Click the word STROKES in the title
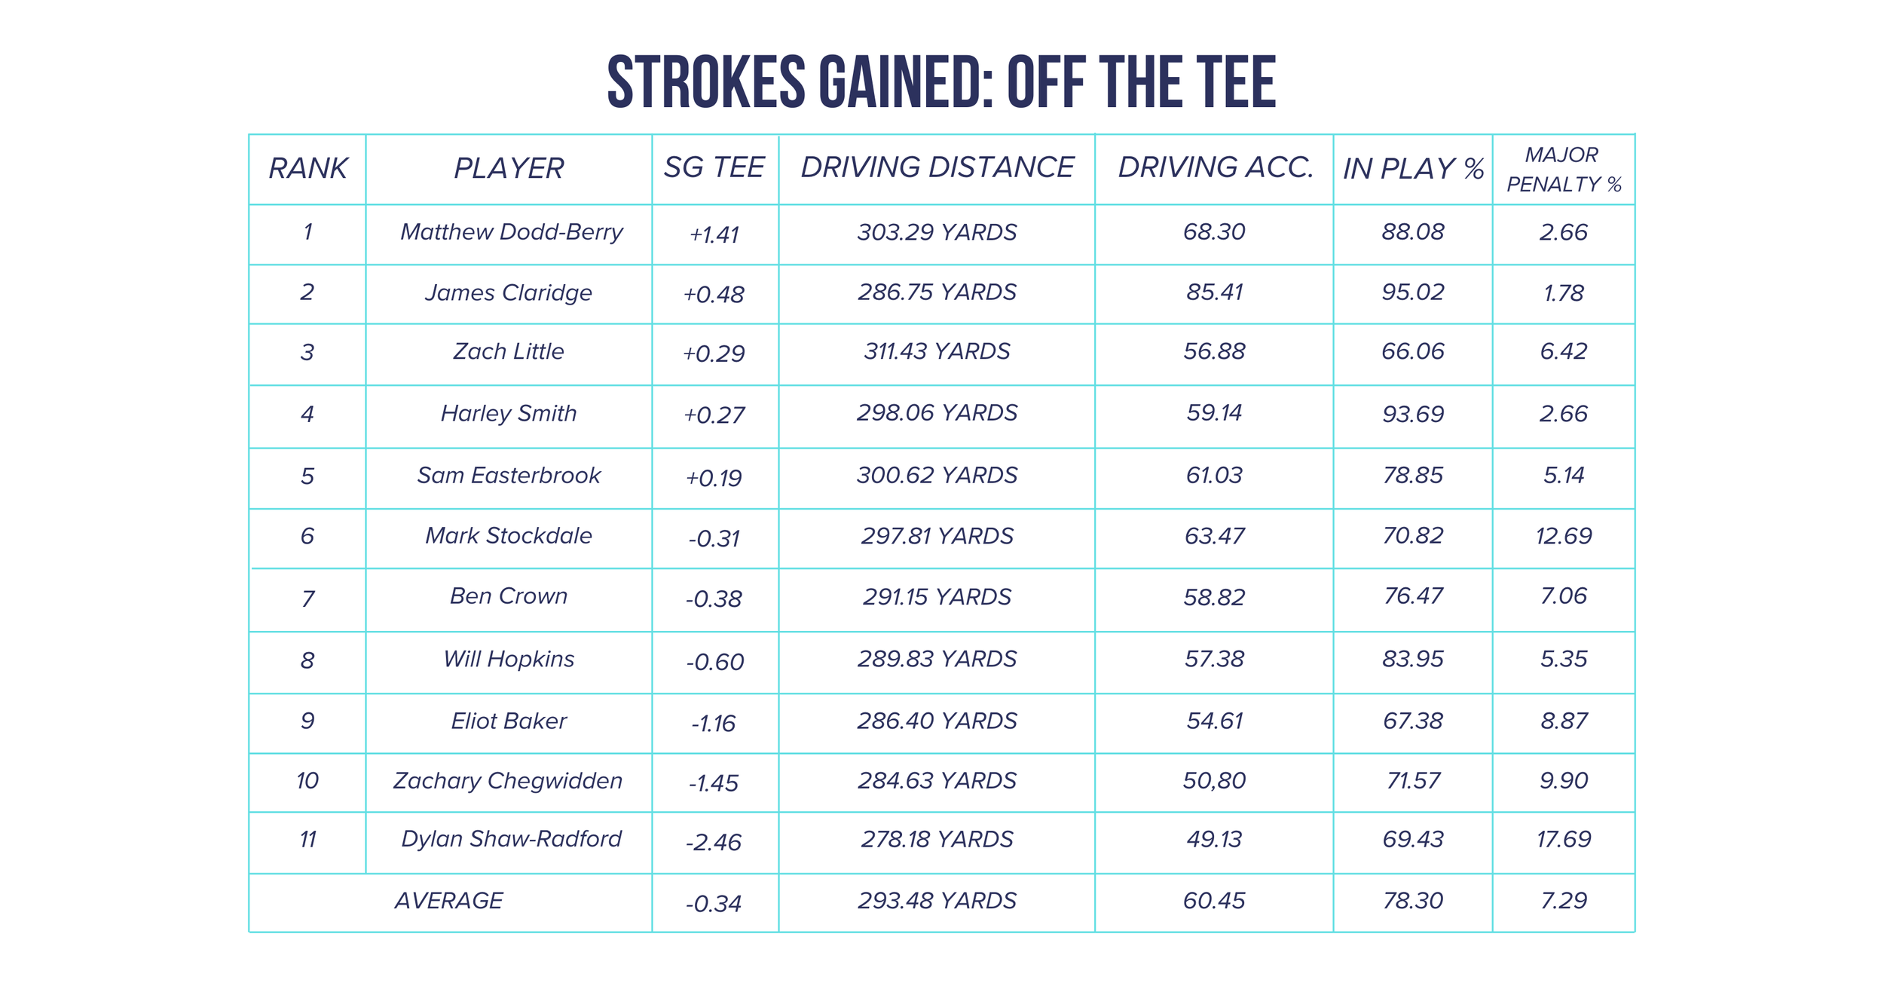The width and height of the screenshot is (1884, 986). point(706,82)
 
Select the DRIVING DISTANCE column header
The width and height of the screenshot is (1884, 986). point(937,167)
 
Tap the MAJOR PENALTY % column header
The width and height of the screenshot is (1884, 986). point(1563,170)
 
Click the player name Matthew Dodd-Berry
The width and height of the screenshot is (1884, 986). point(511,232)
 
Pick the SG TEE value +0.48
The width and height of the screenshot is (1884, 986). point(713,294)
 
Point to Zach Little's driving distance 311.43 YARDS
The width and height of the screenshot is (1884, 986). point(937,351)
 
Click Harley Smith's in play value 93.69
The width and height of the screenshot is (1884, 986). point(1412,414)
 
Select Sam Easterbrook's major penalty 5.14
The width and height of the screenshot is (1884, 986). point(1563,476)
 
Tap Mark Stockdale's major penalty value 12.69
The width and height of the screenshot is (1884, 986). point(1563,536)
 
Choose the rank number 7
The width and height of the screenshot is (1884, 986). point(307,599)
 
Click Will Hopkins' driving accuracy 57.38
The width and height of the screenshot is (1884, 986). point(1214,660)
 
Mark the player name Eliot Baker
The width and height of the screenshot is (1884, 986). point(509,721)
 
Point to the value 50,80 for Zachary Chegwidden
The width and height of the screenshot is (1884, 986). point(1214,781)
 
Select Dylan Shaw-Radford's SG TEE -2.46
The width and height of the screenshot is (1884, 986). point(713,842)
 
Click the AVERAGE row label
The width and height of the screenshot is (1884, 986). point(448,901)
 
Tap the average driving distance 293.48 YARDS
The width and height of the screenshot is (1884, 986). point(937,901)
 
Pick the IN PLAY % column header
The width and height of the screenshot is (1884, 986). point(1412,169)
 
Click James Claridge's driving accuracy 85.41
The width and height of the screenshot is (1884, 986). point(1214,292)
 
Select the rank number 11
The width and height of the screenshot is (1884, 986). point(307,840)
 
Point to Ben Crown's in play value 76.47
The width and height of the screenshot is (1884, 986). point(1412,596)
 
